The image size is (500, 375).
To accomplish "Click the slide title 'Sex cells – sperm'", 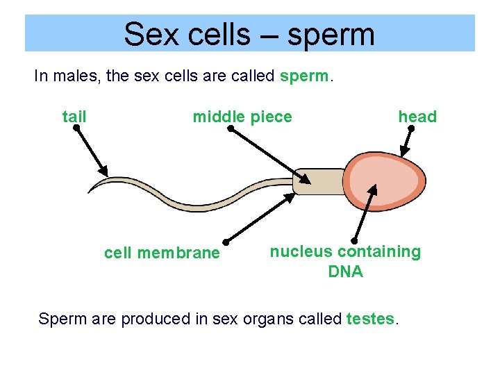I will coord(249,33).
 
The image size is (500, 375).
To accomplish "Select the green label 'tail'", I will coord(74,117).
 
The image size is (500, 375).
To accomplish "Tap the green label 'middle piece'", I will coord(242,117).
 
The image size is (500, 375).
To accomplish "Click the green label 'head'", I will coord(417,117).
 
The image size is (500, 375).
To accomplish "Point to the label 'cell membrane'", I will coord(161,253).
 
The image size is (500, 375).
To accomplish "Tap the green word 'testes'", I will coord(370,319).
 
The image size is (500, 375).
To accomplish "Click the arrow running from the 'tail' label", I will coord(90,151).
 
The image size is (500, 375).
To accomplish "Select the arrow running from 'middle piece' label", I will coord(267,154).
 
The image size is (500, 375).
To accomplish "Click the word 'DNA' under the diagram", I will coord(345,272).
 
